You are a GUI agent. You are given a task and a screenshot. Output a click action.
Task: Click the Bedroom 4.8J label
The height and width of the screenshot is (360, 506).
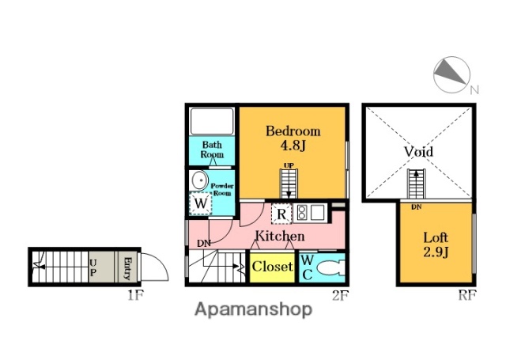[x=293, y=138]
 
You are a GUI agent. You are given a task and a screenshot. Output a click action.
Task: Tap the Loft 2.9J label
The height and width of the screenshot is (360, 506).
[x=436, y=244]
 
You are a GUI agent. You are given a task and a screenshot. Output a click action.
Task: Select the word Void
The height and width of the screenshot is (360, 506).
[x=418, y=151]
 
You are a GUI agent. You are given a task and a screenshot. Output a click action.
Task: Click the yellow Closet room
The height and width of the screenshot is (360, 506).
[x=272, y=267]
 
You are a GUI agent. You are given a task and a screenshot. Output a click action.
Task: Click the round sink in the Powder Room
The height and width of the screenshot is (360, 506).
[x=199, y=180]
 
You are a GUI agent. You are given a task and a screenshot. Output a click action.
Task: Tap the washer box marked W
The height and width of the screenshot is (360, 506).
[x=201, y=203]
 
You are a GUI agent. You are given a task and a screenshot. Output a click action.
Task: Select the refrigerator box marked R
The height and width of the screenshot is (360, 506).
[x=281, y=214]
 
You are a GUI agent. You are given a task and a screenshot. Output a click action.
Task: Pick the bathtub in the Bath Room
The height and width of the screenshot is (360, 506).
[x=212, y=121]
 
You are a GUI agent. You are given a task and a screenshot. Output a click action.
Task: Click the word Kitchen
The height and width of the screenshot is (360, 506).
[x=280, y=236]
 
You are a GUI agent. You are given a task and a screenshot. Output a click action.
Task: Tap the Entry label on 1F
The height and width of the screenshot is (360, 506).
[x=127, y=268]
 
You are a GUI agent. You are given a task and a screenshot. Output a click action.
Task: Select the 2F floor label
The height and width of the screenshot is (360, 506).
[x=341, y=295]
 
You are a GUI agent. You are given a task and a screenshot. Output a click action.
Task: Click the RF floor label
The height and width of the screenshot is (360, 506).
[x=467, y=295]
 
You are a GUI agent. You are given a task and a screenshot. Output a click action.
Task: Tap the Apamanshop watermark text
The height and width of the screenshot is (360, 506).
[x=253, y=309]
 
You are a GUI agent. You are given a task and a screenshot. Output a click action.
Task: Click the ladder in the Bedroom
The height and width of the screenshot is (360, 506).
[x=289, y=184]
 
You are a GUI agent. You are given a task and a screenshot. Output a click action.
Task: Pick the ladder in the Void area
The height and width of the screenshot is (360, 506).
[x=416, y=184]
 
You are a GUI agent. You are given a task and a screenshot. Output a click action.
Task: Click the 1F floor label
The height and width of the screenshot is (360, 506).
[x=135, y=295]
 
